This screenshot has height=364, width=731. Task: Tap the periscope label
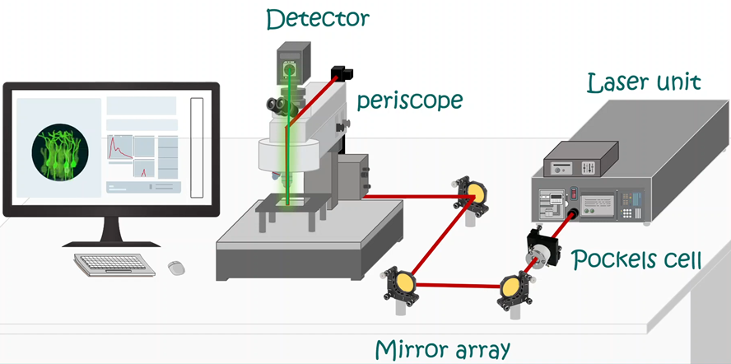[410, 101]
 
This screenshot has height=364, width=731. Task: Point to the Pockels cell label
[637, 260]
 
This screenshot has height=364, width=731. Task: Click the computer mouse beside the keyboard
[175, 267]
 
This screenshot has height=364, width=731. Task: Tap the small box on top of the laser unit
[580, 159]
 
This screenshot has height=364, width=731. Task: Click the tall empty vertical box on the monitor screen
[196, 147]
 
